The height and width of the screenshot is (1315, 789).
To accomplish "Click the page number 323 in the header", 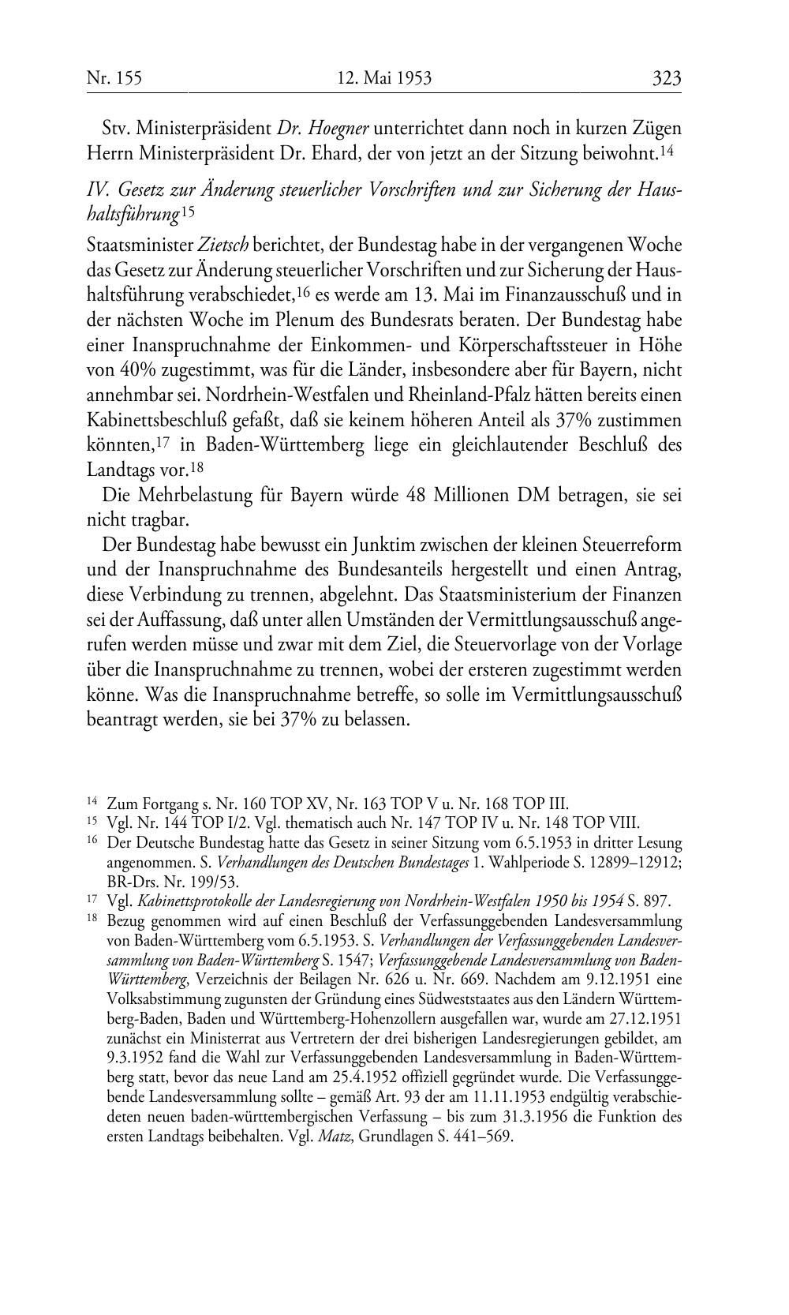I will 666,78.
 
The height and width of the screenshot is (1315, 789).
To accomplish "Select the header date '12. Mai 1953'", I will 384,78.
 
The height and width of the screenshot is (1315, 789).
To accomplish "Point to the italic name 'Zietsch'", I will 211,245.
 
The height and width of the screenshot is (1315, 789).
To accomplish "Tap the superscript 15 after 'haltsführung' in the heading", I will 187,212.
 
